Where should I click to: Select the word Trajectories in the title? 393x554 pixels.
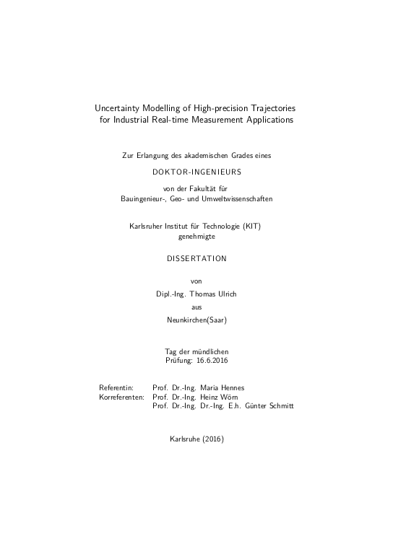[264, 108]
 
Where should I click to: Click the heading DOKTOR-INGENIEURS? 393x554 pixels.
[196, 172]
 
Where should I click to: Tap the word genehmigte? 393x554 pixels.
[196, 235]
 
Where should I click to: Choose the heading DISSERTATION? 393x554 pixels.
[196, 258]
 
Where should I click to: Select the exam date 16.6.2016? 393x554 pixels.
[212, 359]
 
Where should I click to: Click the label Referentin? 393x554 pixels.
[116, 387]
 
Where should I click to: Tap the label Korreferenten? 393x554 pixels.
[121, 397]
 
